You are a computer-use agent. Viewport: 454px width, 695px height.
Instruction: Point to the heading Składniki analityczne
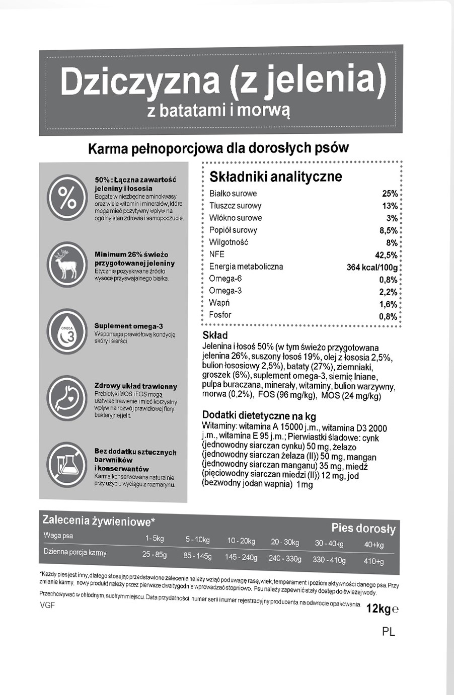click(275, 177)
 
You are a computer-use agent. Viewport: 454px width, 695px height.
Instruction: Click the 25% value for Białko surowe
click(390, 194)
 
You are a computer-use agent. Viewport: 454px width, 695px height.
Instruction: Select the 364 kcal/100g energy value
click(372, 267)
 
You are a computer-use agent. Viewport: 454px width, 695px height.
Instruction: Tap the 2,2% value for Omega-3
click(388, 292)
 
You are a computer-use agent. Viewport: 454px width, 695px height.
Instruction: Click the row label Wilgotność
click(229, 242)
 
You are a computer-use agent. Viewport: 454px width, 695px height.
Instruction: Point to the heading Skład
click(215, 335)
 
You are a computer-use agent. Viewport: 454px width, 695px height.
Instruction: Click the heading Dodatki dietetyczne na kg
click(259, 415)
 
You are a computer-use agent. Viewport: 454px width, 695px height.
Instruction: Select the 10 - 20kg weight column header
click(241, 541)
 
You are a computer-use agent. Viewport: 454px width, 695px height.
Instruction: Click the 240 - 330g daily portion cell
click(285, 558)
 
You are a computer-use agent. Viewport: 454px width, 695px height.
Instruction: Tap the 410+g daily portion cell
click(373, 561)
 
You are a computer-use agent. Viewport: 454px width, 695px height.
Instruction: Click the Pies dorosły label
click(363, 528)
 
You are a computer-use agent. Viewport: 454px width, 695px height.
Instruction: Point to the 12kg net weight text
click(379, 609)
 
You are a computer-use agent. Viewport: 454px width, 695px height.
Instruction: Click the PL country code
click(389, 632)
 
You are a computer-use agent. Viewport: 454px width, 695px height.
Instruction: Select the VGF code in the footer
click(47, 605)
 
